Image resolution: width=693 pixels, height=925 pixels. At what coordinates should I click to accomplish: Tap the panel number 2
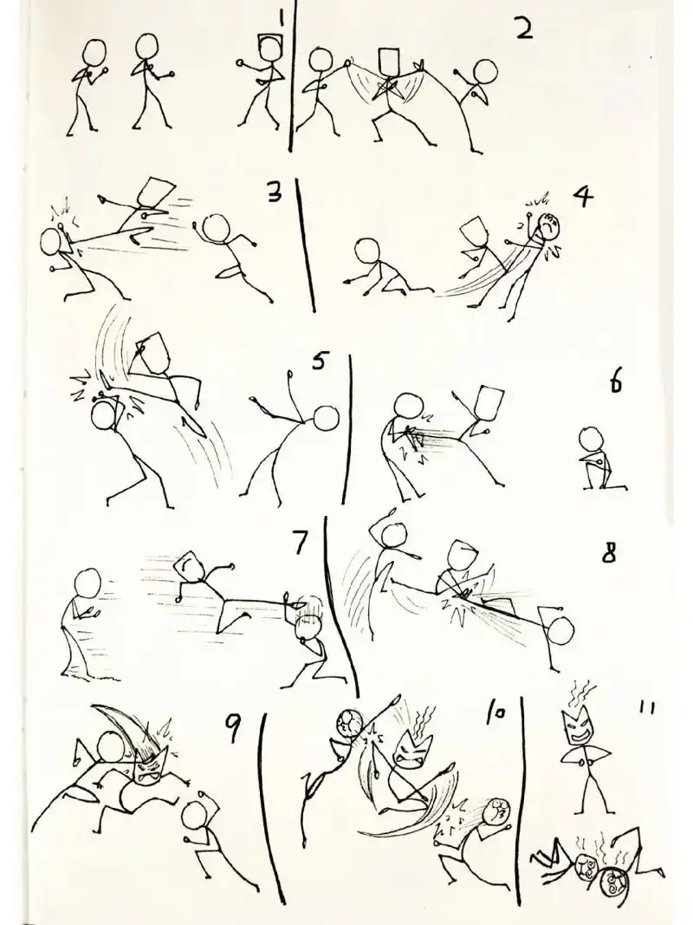(x=522, y=30)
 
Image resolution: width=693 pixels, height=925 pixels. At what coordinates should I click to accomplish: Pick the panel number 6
(x=616, y=382)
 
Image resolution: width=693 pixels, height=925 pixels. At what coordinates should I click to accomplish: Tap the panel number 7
(x=300, y=544)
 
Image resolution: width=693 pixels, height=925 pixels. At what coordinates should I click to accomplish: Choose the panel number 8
(x=609, y=553)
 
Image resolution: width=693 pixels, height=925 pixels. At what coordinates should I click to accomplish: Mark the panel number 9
(x=233, y=733)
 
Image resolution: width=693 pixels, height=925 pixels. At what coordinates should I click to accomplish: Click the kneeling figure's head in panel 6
(x=593, y=438)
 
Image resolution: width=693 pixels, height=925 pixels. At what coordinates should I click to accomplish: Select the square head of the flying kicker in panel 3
(x=155, y=193)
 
